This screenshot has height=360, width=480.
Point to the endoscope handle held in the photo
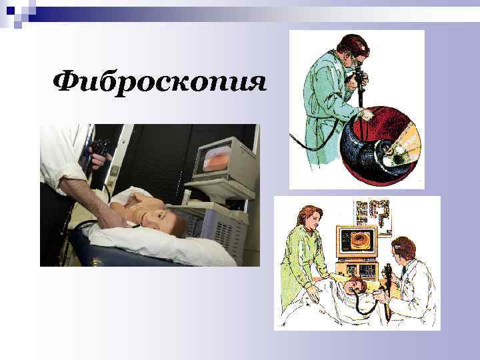(100, 150)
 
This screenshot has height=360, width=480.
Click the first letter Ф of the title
(66, 83)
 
